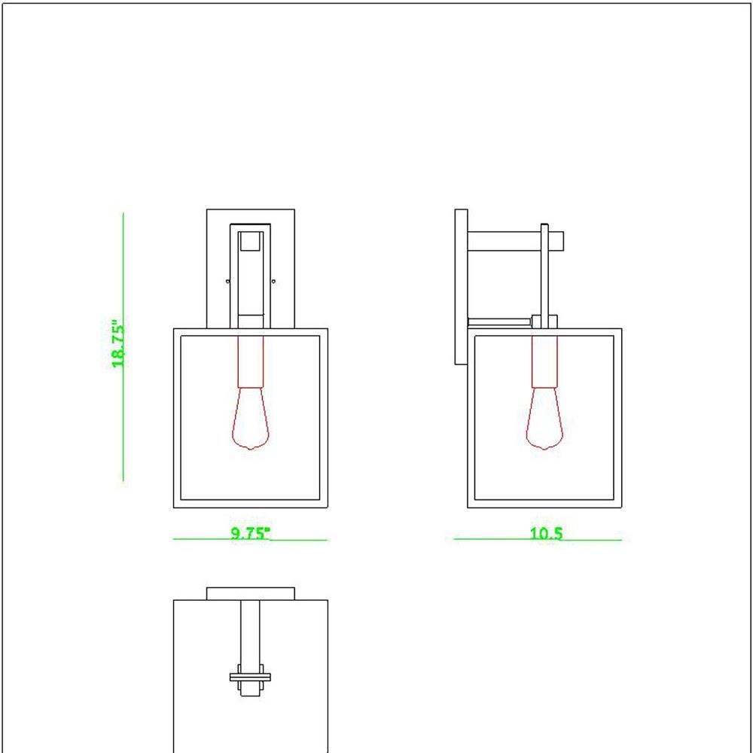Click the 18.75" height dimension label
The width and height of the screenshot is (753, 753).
click(118, 344)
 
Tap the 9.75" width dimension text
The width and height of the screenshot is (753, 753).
click(251, 534)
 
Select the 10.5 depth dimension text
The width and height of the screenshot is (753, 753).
click(546, 534)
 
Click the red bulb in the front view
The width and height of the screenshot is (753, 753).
click(251, 418)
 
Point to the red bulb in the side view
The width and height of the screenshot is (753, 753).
click(544, 418)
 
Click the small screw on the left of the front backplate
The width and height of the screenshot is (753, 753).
click(227, 281)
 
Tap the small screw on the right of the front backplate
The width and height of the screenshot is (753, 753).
click(273, 281)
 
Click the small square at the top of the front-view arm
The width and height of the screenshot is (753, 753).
click(251, 242)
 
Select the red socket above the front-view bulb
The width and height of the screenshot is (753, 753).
click(251, 361)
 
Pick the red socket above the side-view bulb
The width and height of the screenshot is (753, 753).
click(544, 361)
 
